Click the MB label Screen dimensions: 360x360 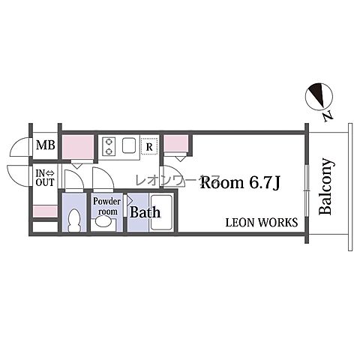point(46,145)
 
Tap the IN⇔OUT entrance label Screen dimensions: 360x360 point(45,178)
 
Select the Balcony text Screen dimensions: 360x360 point(326,187)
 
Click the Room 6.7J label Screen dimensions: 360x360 point(240,182)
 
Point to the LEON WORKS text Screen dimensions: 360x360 point(262,222)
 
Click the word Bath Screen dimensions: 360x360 point(145,212)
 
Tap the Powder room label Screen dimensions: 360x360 point(107,206)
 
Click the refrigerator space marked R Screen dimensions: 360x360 point(149,147)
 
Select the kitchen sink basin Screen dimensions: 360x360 point(129,145)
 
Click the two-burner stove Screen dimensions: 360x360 point(109,146)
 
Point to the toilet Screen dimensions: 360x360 point(74,220)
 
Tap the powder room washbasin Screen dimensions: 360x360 point(103,222)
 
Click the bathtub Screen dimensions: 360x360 point(161,212)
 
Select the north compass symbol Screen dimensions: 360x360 point(319,97)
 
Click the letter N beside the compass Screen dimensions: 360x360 point(328,116)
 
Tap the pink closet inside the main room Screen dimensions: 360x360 point(175,143)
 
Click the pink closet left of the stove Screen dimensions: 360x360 point(78,147)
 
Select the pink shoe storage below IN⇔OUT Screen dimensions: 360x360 point(45,211)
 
